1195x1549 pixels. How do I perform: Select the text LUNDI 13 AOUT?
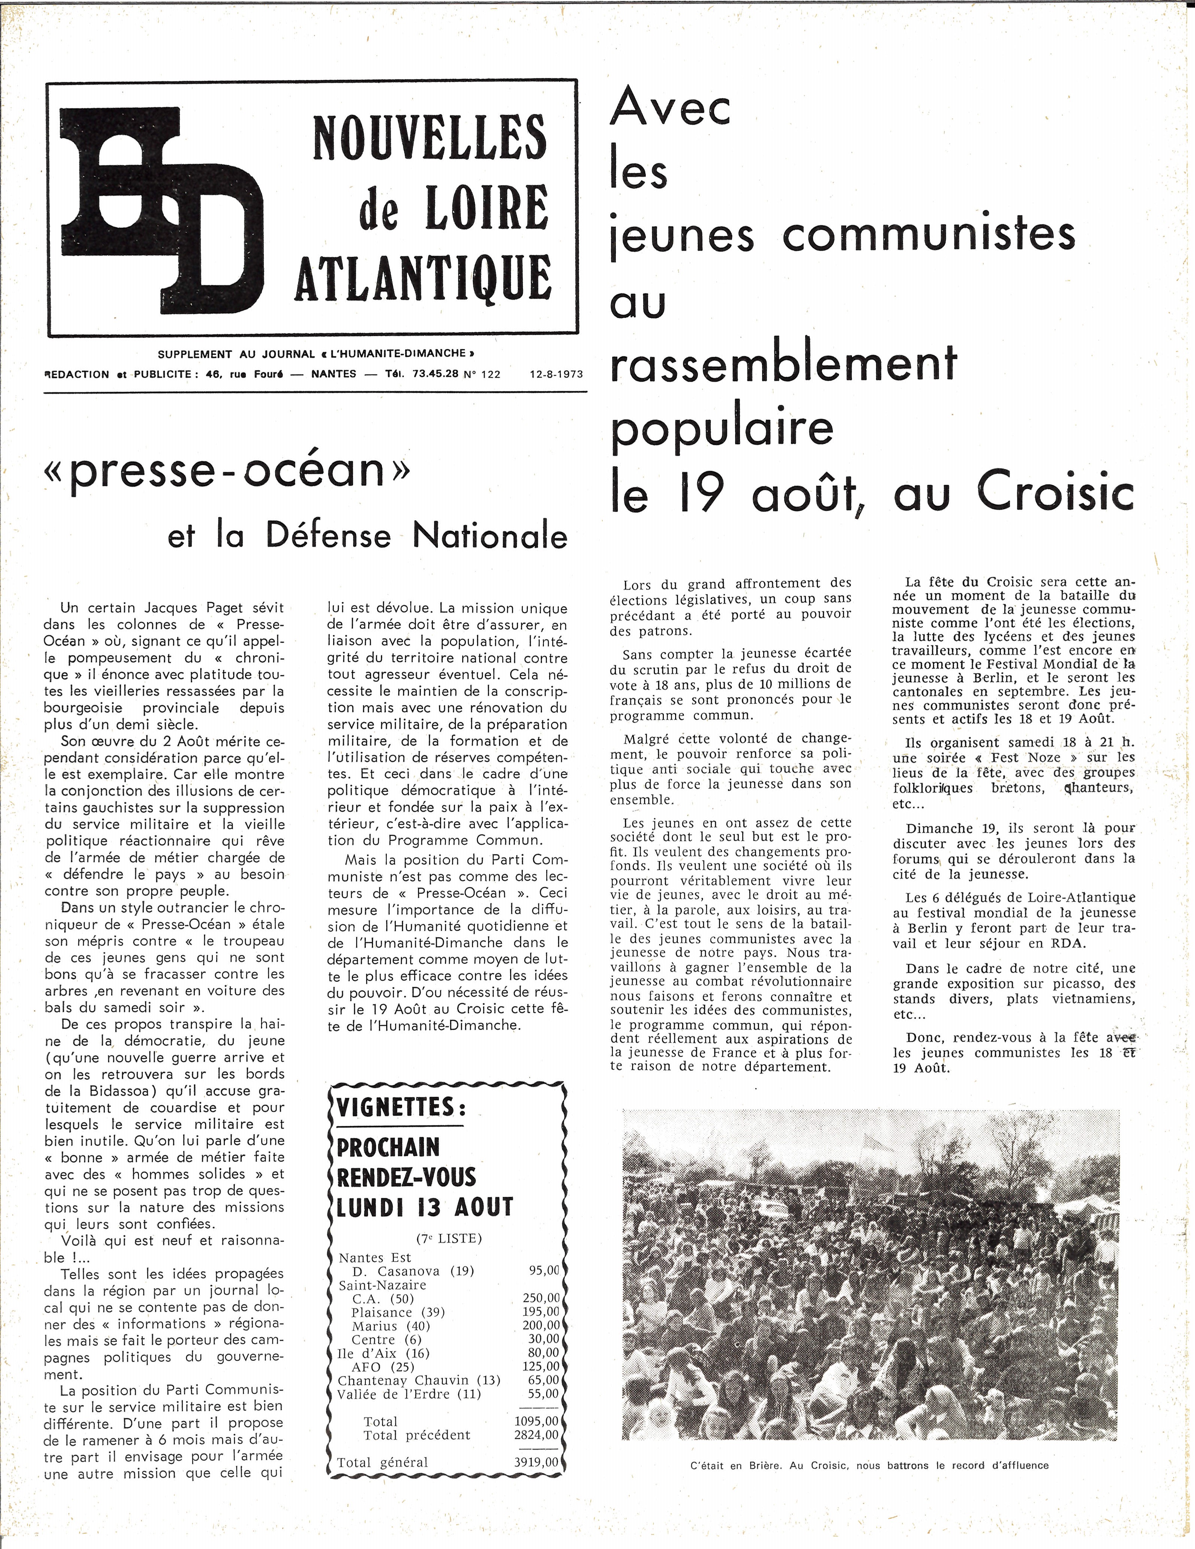(x=424, y=1206)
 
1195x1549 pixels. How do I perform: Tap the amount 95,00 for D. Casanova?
(x=544, y=1270)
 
